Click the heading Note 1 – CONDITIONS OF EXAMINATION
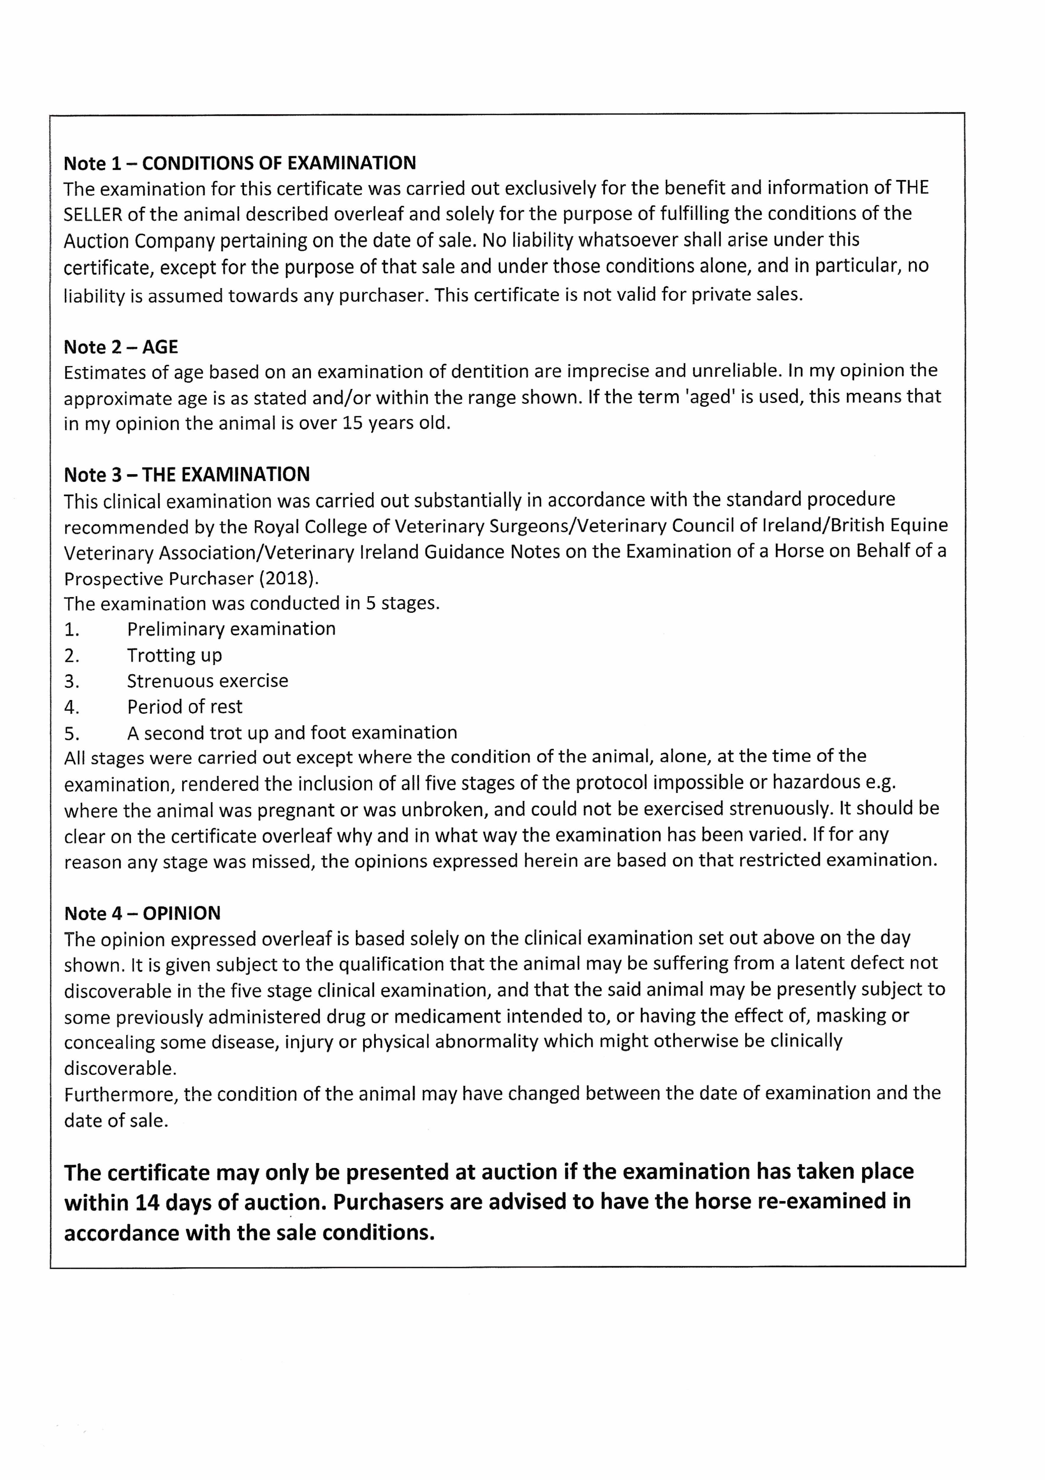tap(240, 163)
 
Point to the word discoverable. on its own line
tap(120, 1068)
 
